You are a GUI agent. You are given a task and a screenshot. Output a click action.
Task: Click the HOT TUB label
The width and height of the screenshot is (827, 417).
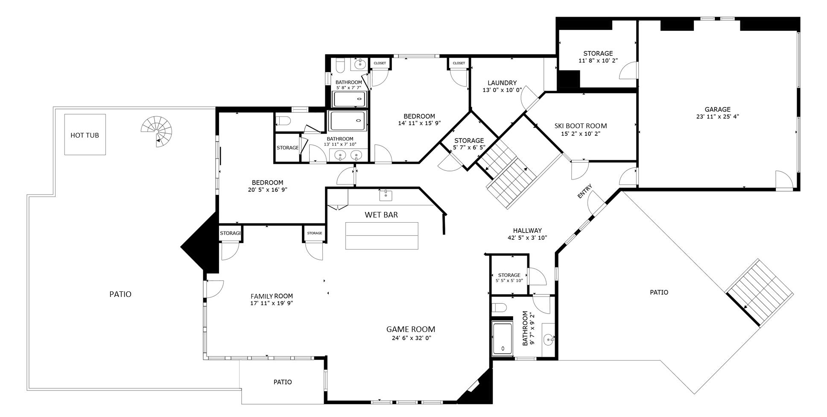[x=85, y=135]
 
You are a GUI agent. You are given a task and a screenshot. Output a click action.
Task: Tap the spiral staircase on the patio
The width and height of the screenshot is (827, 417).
[x=158, y=132]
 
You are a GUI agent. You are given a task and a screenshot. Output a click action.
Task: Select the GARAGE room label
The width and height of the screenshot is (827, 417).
[x=717, y=109]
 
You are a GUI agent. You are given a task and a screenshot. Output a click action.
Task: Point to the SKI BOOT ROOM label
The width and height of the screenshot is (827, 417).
[x=581, y=126]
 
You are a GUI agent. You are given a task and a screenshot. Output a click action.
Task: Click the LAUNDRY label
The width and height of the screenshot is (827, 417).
[x=502, y=83]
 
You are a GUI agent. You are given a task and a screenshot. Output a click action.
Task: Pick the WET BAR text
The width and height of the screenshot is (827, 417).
[x=381, y=215]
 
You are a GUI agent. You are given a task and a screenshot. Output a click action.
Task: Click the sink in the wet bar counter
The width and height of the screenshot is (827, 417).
[x=386, y=195]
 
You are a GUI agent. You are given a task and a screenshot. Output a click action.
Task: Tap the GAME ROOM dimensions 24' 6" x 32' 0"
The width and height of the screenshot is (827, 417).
[x=411, y=338]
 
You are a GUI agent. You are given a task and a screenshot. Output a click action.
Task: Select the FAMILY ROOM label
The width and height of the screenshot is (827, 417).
[x=272, y=296]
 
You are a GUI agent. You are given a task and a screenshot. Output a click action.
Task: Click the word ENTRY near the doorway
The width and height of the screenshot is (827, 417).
[x=585, y=191]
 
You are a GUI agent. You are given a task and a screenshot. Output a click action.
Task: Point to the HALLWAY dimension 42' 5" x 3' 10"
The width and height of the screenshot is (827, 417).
[x=527, y=238]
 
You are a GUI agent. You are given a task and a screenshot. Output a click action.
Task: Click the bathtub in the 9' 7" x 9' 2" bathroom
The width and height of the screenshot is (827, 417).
[x=503, y=339]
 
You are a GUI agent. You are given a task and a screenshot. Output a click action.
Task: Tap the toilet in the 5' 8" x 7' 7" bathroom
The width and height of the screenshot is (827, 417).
[x=340, y=65]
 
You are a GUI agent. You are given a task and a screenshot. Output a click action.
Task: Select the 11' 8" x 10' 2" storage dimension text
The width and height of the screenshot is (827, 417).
[x=598, y=61]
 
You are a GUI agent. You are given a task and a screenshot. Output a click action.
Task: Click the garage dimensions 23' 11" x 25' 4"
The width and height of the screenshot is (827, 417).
[x=717, y=116]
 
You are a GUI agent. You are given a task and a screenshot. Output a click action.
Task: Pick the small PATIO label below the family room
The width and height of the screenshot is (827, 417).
[x=283, y=382]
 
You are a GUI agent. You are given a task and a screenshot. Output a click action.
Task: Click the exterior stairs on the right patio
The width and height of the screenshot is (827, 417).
[x=760, y=293]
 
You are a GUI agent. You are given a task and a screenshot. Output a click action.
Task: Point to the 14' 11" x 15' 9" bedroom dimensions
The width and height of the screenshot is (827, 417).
[x=419, y=123]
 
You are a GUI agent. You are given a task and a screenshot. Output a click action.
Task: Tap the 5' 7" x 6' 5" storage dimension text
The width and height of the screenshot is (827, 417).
[x=469, y=147]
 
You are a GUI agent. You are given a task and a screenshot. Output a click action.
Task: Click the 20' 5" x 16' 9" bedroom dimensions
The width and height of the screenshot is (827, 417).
[x=268, y=190]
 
